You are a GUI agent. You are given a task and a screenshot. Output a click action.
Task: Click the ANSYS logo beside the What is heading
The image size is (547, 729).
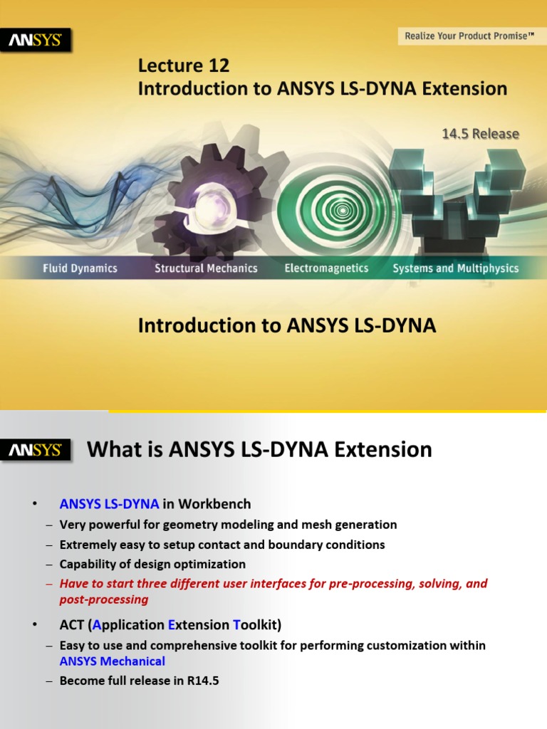(x=36, y=451)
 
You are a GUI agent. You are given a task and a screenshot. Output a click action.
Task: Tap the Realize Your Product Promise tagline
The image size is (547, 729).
(x=469, y=35)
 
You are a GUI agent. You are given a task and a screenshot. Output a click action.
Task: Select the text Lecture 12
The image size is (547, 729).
(x=184, y=66)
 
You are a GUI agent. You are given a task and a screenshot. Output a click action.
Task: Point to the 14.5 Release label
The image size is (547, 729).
(x=481, y=134)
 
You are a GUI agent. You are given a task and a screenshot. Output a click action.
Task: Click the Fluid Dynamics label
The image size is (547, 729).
(x=79, y=268)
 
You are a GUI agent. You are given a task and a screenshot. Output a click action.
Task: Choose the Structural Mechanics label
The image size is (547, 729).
(x=206, y=268)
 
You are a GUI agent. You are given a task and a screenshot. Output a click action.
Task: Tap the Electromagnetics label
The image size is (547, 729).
(x=326, y=268)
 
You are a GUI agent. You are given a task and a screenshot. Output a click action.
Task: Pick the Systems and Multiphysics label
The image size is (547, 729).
(x=456, y=268)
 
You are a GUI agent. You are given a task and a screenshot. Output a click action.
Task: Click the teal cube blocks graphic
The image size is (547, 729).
(x=456, y=192)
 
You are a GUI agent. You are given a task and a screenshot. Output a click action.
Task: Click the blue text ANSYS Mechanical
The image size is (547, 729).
(x=112, y=661)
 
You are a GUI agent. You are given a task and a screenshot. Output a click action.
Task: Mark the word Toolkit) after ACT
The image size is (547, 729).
(x=257, y=625)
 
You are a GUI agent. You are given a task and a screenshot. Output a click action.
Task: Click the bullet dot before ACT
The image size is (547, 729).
(x=33, y=625)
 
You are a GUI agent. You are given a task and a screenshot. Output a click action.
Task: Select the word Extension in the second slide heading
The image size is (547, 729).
(x=383, y=450)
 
